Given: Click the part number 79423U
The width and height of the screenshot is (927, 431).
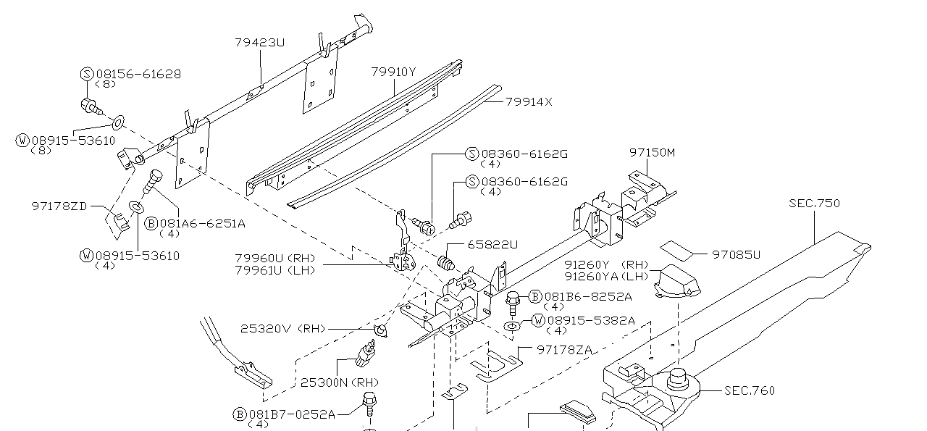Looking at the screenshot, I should (259, 43).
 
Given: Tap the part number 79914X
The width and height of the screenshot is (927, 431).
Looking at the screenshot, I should (529, 102).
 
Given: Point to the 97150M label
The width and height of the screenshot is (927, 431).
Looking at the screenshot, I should (652, 153).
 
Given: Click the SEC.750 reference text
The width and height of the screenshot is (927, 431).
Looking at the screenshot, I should (814, 204).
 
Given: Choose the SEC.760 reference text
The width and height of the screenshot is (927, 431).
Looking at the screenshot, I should (750, 390).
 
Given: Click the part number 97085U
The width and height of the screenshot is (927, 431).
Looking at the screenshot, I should (737, 254).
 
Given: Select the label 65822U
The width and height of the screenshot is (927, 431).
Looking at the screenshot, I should (492, 245).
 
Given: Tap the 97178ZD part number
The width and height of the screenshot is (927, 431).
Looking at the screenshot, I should (59, 206).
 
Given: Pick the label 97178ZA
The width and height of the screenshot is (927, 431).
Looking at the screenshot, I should (564, 350).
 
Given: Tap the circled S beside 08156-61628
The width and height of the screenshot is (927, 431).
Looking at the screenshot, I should (86, 74).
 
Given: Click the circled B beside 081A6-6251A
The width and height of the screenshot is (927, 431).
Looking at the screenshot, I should (151, 224).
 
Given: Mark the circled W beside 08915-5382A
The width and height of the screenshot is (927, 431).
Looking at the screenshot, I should (538, 320).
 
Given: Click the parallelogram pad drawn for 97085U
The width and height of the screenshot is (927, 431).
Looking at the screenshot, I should (678, 250).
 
